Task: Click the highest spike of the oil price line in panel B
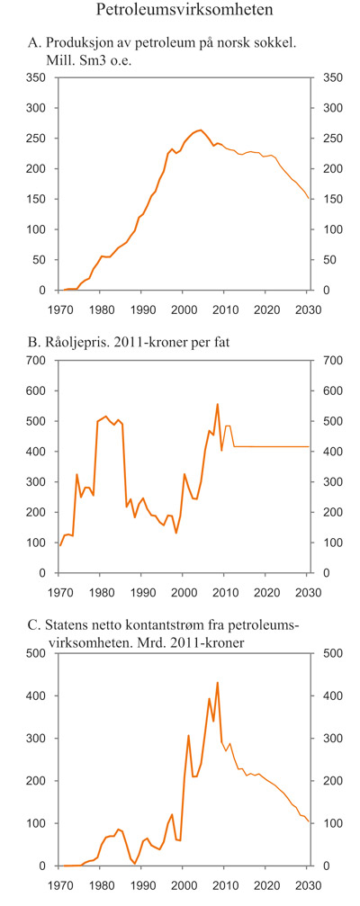pos(217,404)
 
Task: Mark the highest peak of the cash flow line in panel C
pos(217,682)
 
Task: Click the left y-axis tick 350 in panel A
pos(34,78)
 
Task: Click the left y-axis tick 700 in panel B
pos(34,361)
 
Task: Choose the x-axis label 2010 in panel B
pos(225,591)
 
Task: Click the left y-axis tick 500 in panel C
pos(34,653)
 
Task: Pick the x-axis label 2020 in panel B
pos(267,591)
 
